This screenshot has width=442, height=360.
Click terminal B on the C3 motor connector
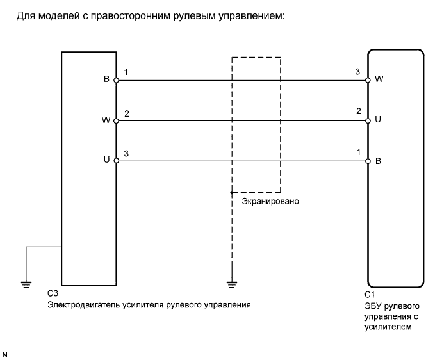[116, 80]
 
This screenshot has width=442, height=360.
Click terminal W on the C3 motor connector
[116, 120]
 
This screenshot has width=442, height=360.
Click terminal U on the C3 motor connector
[116, 160]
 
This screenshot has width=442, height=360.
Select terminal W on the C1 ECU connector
[368, 80]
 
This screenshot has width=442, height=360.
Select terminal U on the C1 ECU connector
[368, 120]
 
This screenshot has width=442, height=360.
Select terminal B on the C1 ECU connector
[368, 160]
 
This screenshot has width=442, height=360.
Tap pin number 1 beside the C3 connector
[126, 73]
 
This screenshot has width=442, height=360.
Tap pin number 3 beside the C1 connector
[357, 73]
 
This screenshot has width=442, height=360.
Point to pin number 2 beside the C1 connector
[358, 112]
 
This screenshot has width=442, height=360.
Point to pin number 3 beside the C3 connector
[126, 153]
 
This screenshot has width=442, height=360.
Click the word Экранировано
[270, 200]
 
